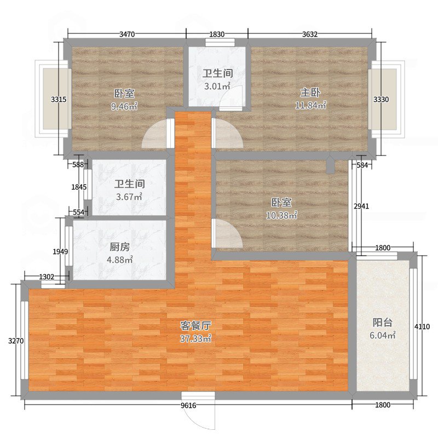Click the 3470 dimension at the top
[127, 34]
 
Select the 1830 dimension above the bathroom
[217, 34]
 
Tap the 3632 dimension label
[310, 34]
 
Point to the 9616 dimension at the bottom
[188, 405]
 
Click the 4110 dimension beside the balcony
[422, 326]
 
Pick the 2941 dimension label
[361, 206]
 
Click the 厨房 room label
[119, 247]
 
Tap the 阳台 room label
[382, 322]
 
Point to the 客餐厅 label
[195, 325]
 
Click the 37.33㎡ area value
[195, 338]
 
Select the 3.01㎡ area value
[217, 86]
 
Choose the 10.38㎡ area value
[281, 215]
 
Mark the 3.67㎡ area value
[129, 197]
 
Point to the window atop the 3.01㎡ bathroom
[220, 42]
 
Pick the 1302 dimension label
[47, 277]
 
